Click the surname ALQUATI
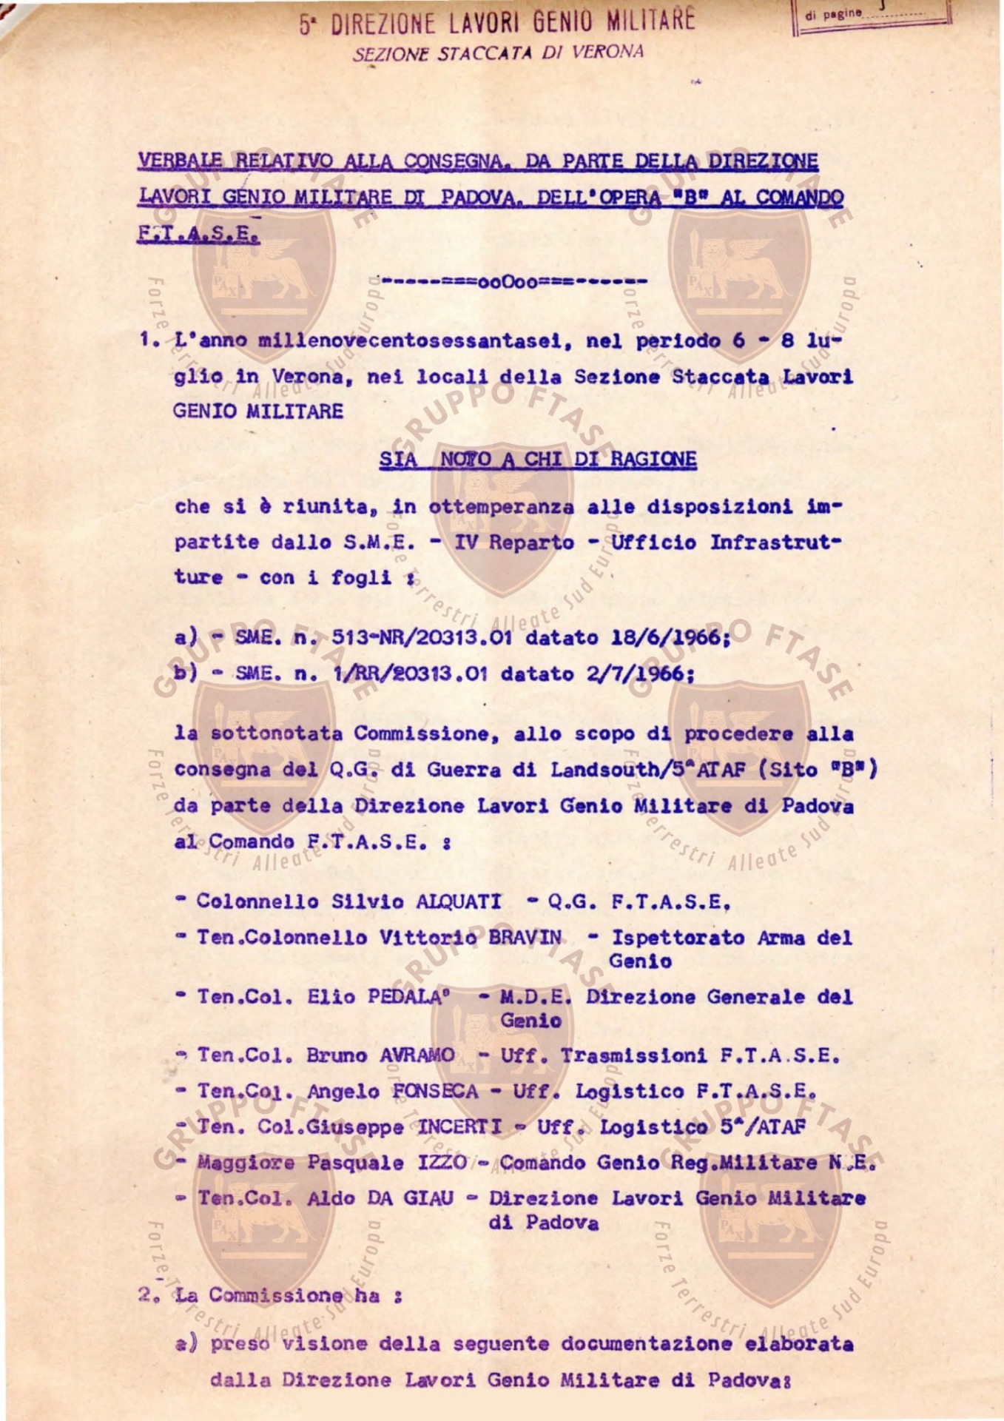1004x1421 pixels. (x=459, y=901)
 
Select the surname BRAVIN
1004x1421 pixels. (x=525, y=938)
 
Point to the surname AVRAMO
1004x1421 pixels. (x=417, y=1055)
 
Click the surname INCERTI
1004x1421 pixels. (x=459, y=1127)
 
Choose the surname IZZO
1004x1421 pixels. (x=442, y=1163)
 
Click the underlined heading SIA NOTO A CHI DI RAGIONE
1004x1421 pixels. (x=538, y=460)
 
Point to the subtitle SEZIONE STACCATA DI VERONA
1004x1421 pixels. (x=498, y=53)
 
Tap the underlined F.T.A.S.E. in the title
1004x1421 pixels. (x=198, y=233)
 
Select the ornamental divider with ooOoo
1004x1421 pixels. (x=513, y=282)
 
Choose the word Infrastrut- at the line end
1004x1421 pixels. (x=775, y=542)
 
